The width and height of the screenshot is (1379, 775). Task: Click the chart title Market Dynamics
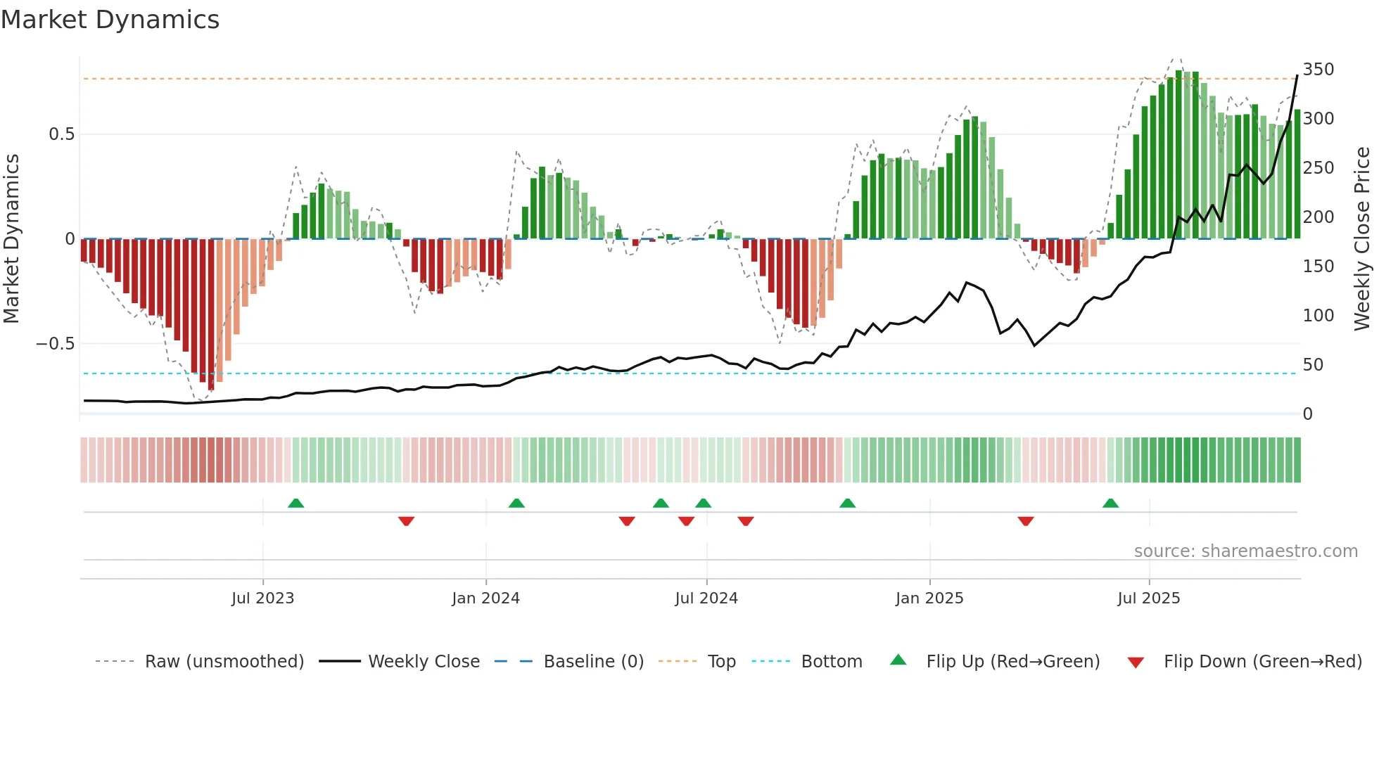click(x=110, y=20)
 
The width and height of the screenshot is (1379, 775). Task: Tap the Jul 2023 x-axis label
click(x=262, y=598)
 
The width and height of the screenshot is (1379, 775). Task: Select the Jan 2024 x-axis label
click(x=485, y=598)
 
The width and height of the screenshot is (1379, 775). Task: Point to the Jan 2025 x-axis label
click(x=929, y=598)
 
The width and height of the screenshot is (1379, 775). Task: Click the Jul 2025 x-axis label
click(x=1148, y=598)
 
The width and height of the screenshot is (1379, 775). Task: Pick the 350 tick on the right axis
click(x=1318, y=70)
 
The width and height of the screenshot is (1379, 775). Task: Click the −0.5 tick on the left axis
click(x=55, y=344)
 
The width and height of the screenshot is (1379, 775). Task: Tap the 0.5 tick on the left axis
click(x=61, y=134)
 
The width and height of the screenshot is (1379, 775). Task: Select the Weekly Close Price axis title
click(x=1362, y=239)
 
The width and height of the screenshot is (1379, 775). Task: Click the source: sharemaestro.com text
click(x=1245, y=551)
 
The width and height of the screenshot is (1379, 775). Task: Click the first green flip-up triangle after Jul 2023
click(x=295, y=504)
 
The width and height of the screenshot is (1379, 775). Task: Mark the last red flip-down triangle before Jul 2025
click(x=1025, y=521)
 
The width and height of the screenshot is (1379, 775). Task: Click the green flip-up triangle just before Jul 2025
click(x=1110, y=504)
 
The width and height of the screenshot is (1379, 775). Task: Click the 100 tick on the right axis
click(x=1318, y=316)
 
